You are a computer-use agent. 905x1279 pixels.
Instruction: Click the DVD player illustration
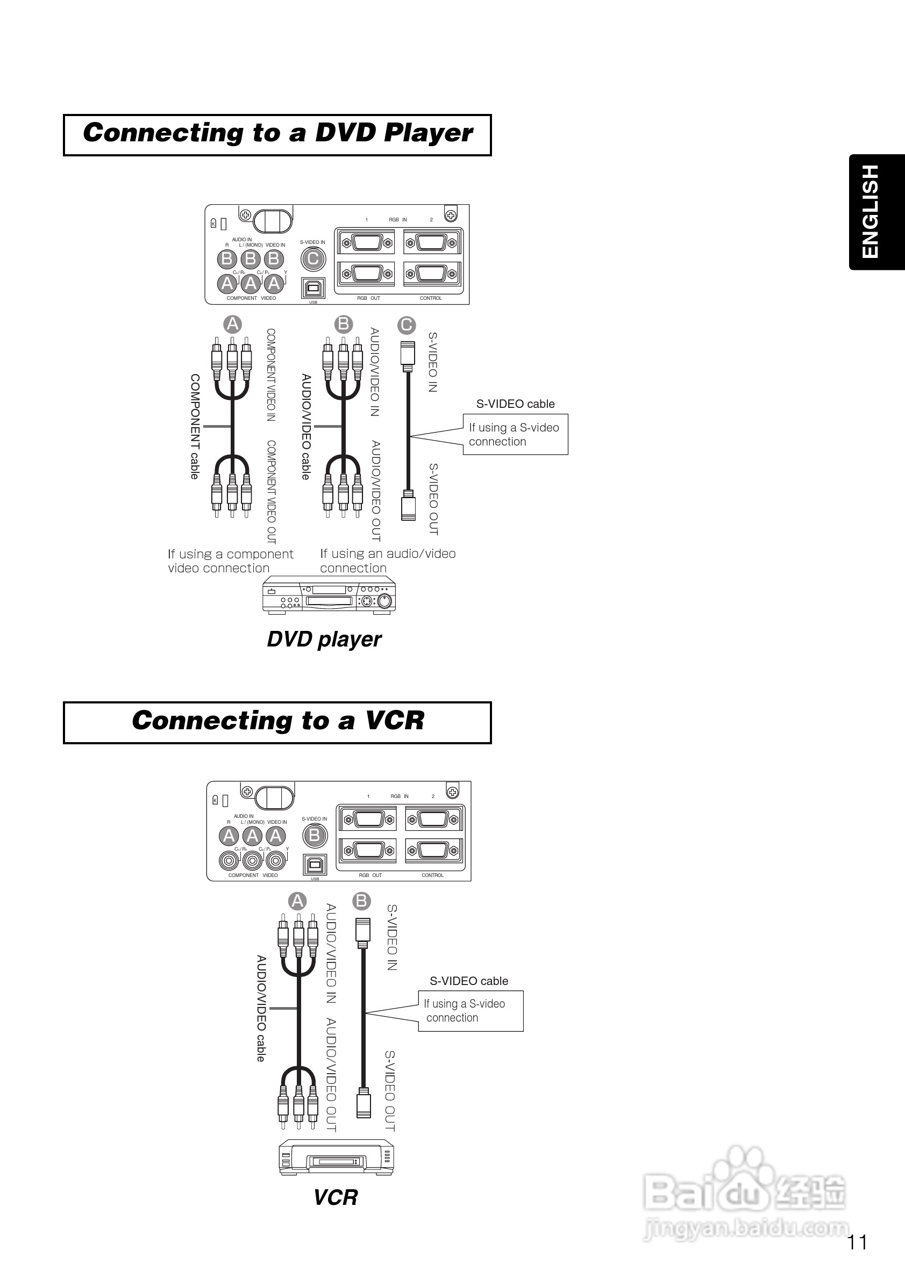pyautogui.click(x=329, y=595)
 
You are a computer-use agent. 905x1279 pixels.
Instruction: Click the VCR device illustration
pyautogui.click(x=337, y=1157)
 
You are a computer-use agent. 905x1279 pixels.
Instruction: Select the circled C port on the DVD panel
pyautogui.click(x=313, y=258)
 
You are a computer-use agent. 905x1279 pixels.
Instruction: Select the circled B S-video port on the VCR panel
pyautogui.click(x=315, y=835)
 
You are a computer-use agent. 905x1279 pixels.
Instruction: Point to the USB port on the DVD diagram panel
pyautogui.click(x=313, y=288)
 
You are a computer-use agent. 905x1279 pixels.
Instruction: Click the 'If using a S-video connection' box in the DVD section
pyautogui.click(x=515, y=435)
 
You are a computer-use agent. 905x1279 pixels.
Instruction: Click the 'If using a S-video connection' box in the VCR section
pyautogui.click(x=471, y=1010)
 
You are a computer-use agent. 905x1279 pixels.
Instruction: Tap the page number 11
pyautogui.click(x=857, y=1242)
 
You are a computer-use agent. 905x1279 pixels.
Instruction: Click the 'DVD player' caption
pyautogui.click(x=324, y=639)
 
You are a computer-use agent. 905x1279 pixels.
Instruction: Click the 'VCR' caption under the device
pyautogui.click(x=336, y=1197)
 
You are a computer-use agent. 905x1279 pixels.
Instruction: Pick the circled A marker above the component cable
pyautogui.click(x=232, y=324)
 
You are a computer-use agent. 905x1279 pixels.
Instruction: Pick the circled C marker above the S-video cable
pyautogui.click(x=406, y=325)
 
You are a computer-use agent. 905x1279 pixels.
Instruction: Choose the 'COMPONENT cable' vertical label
pyautogui.click(x=195, y=426)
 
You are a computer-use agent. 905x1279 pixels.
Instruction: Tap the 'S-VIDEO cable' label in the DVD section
pyautogui.click(x=515, y=404)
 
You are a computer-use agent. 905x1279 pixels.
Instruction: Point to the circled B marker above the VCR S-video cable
pyautogui.click(x=362, y=901)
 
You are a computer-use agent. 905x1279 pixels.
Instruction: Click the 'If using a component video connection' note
pyautogui.click(x=230, y=561)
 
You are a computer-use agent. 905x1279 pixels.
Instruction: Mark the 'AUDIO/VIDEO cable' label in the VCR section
pyautogui.click(x=261, y=1008)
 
